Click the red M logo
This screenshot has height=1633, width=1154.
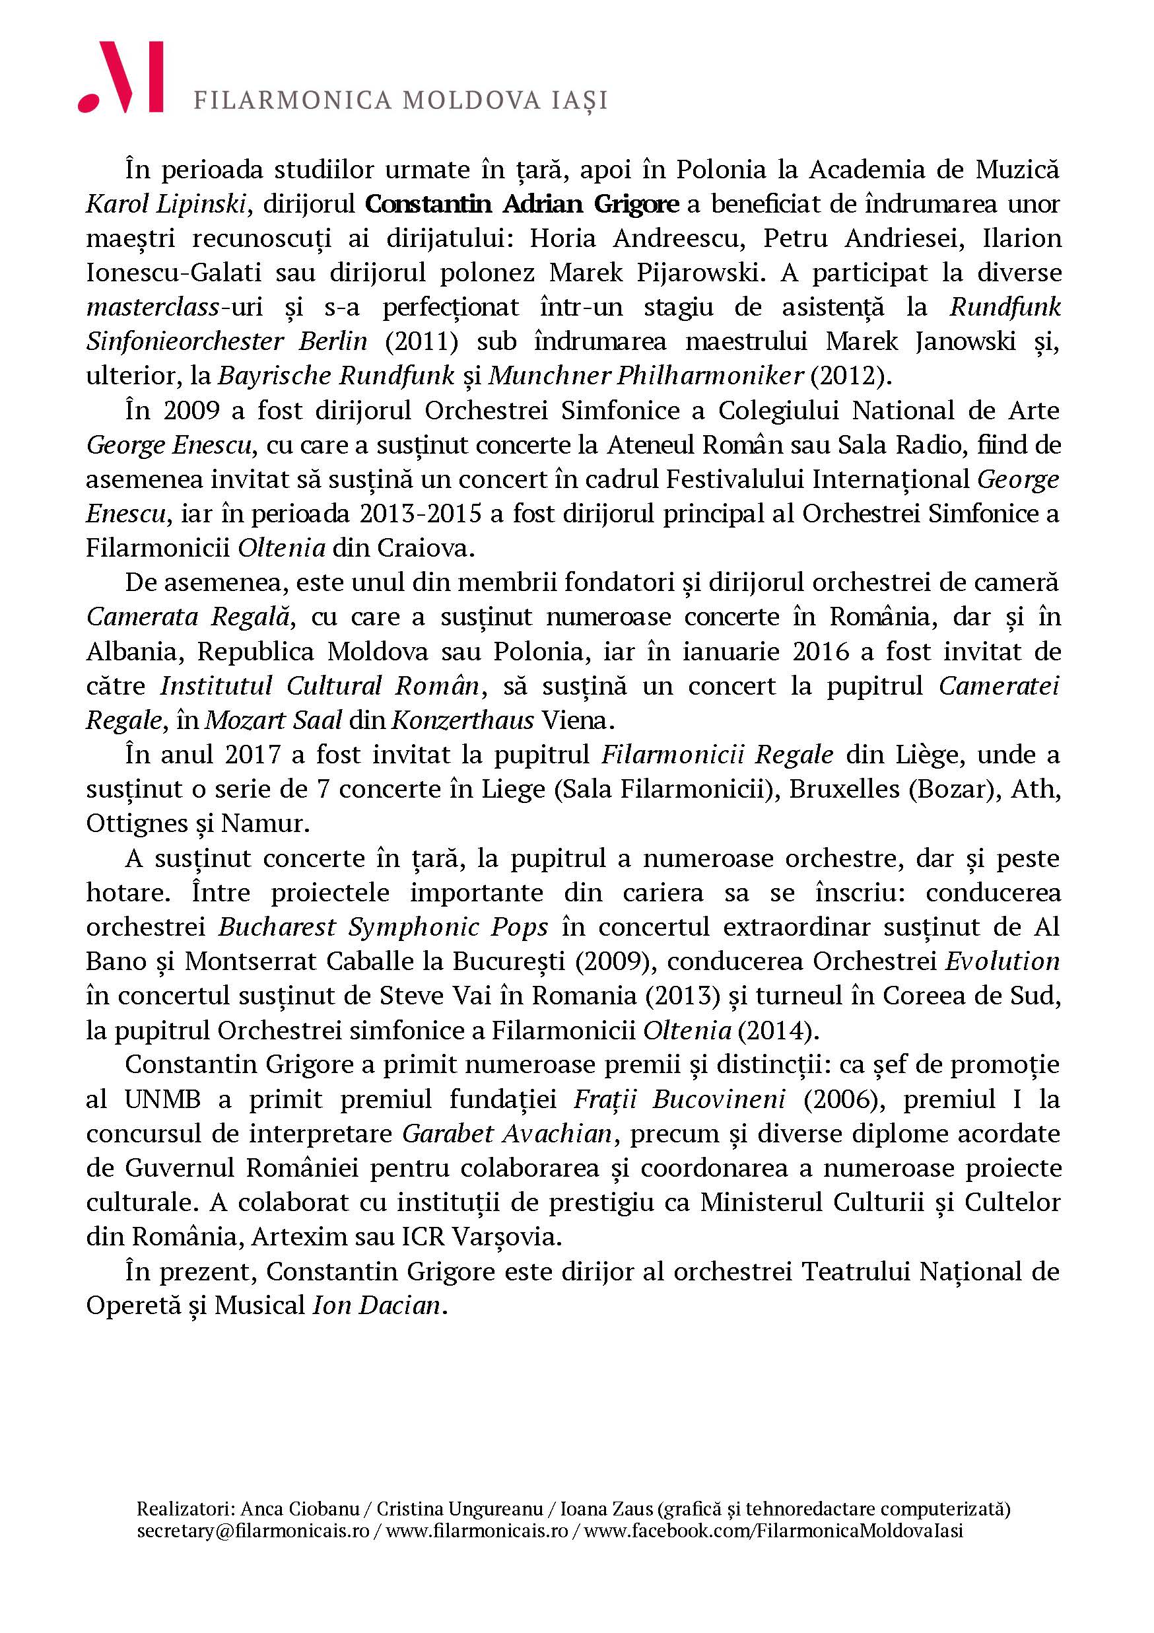[x=121, y=77]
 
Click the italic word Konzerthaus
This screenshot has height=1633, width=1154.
[x=463, y=720]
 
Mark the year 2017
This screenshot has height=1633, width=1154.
[x=253, y=754]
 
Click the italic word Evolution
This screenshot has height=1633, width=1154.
[x=1003, y=961]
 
